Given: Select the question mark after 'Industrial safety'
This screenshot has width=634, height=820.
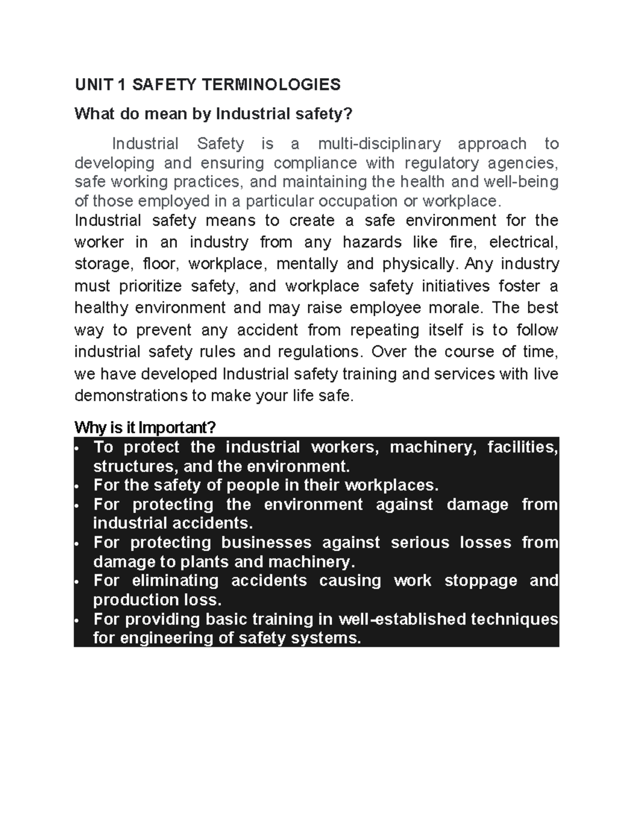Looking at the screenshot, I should pyautogui.click(x=347, y=114).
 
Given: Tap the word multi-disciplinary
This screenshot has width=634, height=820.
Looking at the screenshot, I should pyautogui.click(x=379, y=144).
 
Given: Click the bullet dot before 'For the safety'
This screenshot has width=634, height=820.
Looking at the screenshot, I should pyautogui.click(x=77, y=486).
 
